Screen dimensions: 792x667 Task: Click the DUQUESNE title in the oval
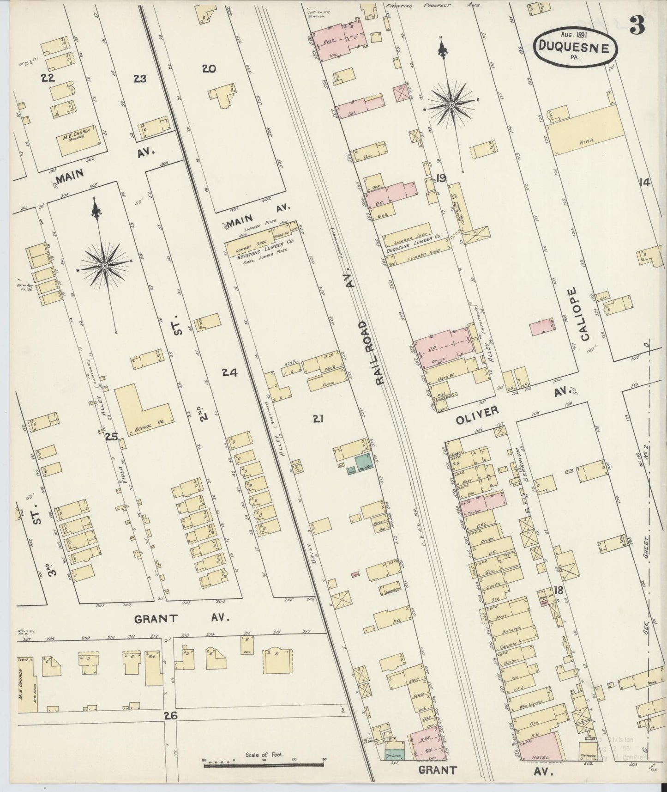pyautogui.click(x=576, y=47)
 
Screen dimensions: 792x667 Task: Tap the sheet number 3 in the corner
pyautogui.click(x=637, y=26)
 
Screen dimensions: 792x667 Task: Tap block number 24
pyautogui.click(x=229, y=372)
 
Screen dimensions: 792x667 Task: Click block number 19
pyautogui.click(x=440, y=178)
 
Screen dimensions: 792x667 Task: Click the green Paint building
pyautogui.click(x=364, y=462)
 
